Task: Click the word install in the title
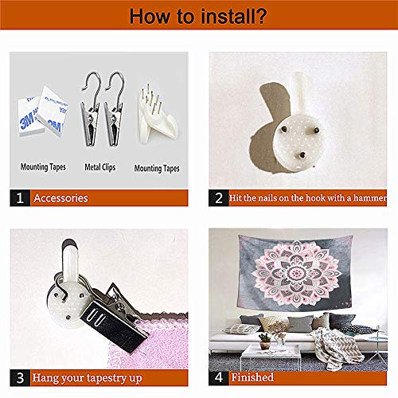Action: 224,16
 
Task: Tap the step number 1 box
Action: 20,198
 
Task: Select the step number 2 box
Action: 219,198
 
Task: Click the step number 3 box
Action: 20,378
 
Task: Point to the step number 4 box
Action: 219,377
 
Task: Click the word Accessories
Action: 60,198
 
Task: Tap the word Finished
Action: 252,377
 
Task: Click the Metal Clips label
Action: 100,167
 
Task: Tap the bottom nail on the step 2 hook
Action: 302,154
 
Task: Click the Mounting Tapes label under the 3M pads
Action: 43,167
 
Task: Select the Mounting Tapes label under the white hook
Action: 157,169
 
